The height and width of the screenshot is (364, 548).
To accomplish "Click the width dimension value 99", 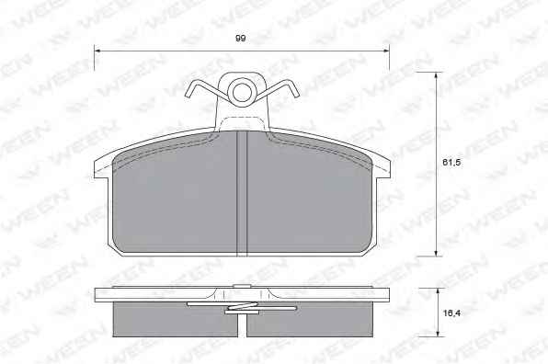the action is click(x=241, y=38).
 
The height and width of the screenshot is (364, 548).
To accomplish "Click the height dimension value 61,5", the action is click(x=451, y=162).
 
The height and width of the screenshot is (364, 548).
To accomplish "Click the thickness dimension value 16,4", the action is click(x=451, y=313).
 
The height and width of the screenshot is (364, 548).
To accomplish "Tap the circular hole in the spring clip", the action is click(x=242, y=92).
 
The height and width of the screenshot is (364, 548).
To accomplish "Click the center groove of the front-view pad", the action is click(x=242, y=193).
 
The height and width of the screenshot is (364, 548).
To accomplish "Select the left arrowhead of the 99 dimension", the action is click(x=97, y=51).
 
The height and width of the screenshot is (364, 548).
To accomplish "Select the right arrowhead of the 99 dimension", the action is click(x=386, y=51).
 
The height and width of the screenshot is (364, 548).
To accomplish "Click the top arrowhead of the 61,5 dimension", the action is click(x=436, y=75).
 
